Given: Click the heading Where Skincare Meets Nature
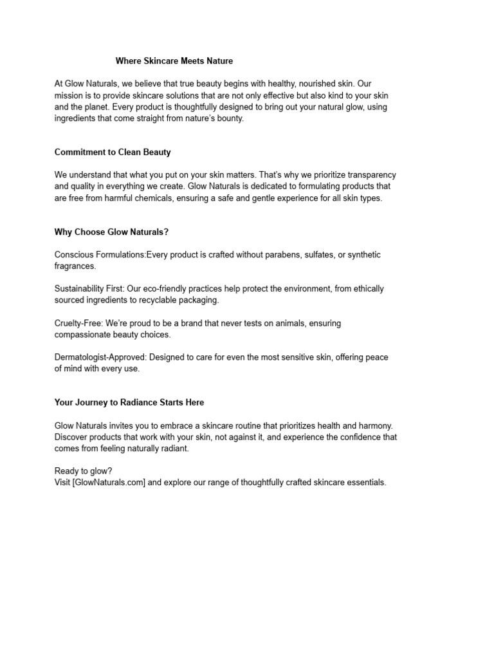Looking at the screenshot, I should [x=174, y=61].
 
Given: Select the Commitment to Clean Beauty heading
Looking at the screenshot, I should [x=113, y=153].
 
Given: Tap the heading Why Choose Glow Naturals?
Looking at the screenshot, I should [x=112, y=232].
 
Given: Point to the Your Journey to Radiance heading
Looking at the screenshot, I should [x=129, y=402].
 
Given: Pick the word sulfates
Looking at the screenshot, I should [x=319, y=255].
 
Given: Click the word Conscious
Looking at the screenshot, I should [x=75, y=255].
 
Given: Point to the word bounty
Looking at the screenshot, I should [x=228, y=118].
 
